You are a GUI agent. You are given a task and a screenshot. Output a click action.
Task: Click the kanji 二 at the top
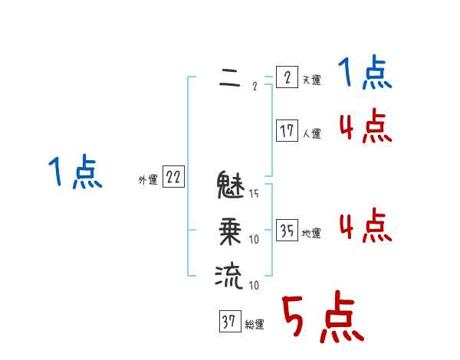[228, 78]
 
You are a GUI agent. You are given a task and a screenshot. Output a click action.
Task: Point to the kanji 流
[229, 275]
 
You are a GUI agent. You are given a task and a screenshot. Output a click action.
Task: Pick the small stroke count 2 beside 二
[254, 86]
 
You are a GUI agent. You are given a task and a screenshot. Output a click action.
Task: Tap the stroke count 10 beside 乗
[254, 240]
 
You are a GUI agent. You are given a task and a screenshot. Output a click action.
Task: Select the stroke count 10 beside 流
[254, 286]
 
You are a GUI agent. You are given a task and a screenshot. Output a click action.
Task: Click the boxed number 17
[286, 131]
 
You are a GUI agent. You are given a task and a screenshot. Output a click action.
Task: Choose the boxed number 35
[286, 231]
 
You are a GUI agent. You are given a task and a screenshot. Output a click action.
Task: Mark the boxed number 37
[229, 322]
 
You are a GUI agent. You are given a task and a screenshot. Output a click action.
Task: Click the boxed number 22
[173, 178]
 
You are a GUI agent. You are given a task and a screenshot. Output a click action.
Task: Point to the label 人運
[311, 134]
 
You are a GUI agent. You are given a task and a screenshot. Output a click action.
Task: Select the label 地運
[311, 234]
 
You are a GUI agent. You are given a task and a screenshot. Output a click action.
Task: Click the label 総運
[255, 325]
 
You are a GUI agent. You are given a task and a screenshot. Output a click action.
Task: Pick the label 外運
[148, 181]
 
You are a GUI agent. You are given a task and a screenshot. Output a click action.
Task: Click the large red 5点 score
[322, 318]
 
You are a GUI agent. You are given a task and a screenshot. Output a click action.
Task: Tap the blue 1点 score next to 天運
[365, 74]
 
